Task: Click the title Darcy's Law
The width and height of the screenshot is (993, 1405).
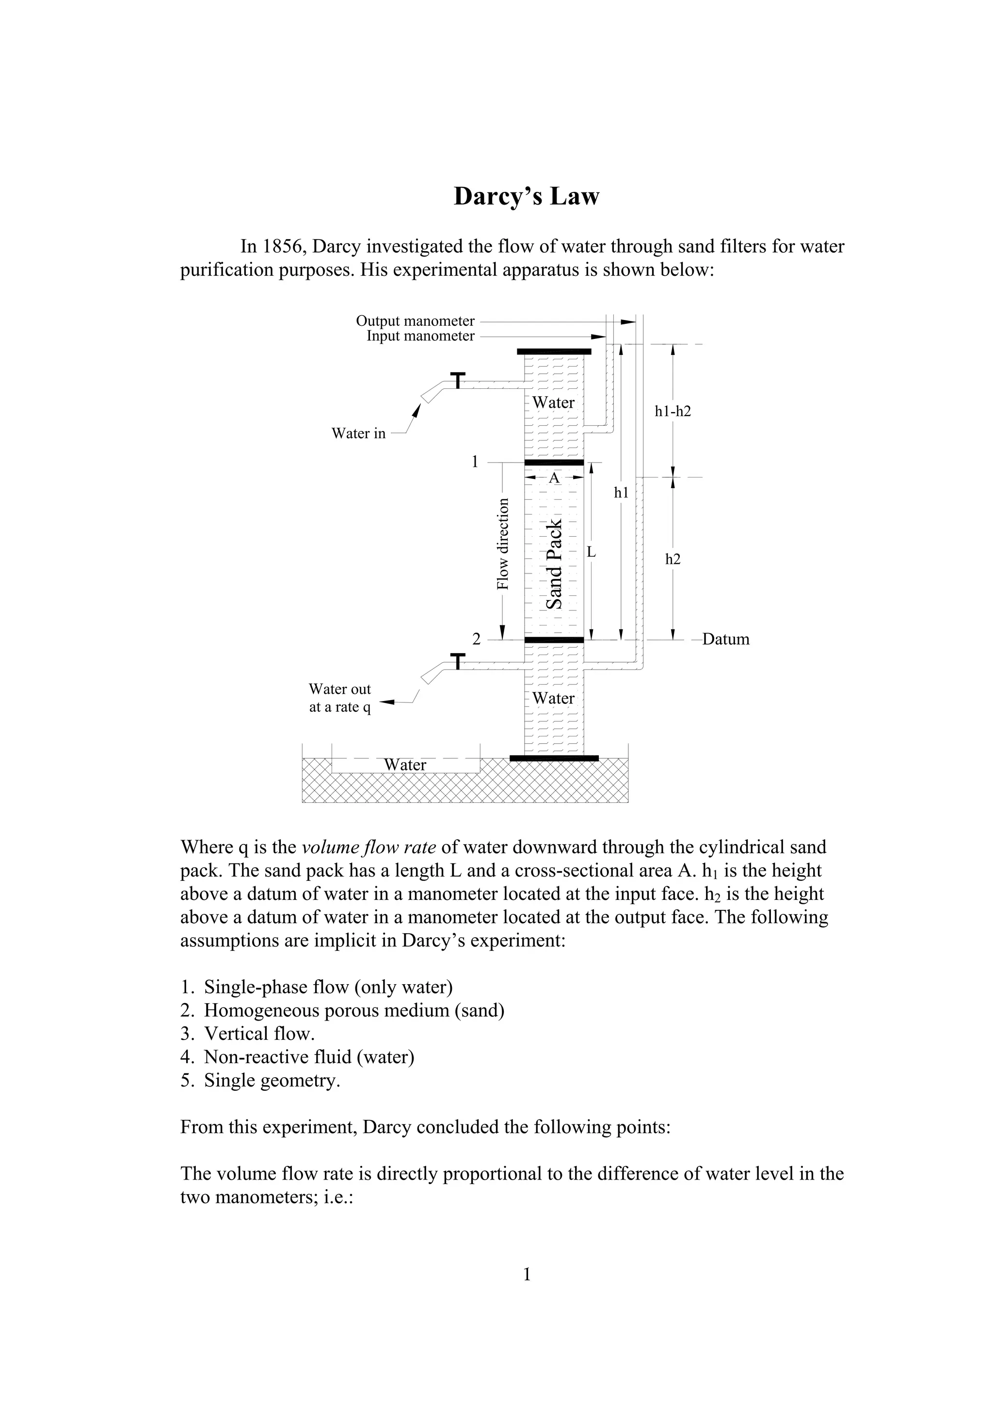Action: [526, 196]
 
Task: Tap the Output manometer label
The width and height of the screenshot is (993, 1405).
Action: [415, 320]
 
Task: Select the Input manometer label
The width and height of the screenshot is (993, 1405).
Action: [420, 336]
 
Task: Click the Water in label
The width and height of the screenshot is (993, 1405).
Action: [358, 433]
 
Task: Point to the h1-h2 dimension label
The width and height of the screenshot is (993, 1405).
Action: [673, 411]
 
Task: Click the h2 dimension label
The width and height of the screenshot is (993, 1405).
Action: [673, 559]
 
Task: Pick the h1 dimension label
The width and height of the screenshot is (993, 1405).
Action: [621, 492]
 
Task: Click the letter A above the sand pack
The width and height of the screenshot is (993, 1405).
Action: [554, 478]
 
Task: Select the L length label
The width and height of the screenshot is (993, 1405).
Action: [591, 552]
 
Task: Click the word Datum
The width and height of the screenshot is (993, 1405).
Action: [726, 639]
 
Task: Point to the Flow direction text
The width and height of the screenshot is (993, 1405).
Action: [502, 544]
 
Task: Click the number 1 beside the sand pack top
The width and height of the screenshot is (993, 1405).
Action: [475, 462]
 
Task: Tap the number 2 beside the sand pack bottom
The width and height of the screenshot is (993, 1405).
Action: [476, 639]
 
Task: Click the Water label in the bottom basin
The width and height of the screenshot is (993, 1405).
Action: [404, 765]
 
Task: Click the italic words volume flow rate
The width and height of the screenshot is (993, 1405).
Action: [369, 847]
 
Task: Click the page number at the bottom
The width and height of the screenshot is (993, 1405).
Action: [527, 1275]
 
